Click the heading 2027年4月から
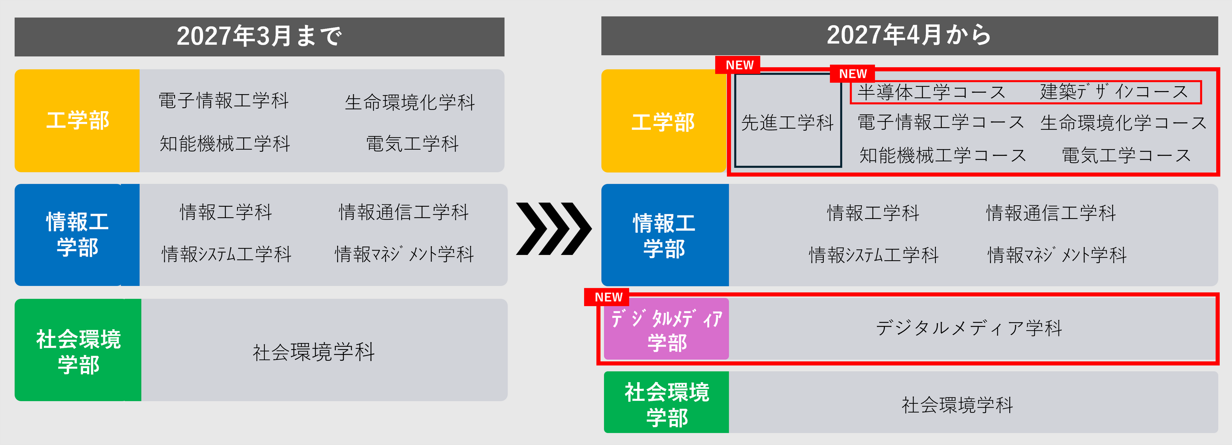(x=909, y=35)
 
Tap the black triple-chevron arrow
(x=553, y=229)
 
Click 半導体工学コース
(x=931, y=92)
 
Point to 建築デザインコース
(x=1114, y=92)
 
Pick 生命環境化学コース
(x=1123, y=123)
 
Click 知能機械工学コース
(x=942, y=155)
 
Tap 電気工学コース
(x=1126, y=155)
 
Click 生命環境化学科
(x=410, y=102)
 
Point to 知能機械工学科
(x=225, y=143)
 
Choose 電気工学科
(x=412, y=143)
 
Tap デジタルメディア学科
(x=969, y=328)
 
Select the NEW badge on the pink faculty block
(x=608, y=297)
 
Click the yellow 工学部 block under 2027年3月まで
(x=77, y=121)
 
